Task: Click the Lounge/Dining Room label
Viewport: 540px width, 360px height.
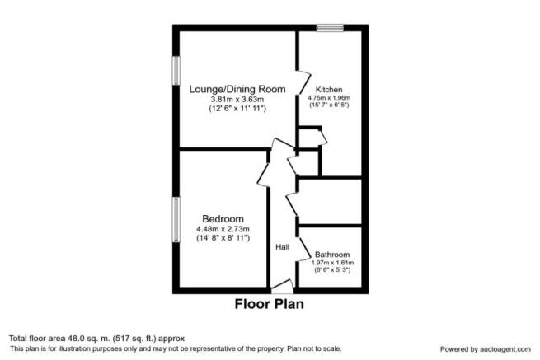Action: (237, 89)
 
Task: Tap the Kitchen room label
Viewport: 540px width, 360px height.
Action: (329, 90)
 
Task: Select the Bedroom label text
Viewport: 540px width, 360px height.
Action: (223, 219)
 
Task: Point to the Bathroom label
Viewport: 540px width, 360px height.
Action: (332, 255)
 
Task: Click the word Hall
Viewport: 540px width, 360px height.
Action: (283, 247)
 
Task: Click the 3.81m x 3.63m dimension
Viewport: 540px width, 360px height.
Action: (237, 100)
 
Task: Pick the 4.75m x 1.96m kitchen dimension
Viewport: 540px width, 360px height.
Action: (329, 98)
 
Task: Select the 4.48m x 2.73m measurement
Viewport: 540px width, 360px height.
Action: (223, 229)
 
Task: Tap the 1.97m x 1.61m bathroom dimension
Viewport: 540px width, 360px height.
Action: (332, 263)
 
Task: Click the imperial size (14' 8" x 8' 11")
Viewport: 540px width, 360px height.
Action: (223, 238)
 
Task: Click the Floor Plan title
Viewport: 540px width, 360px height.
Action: (270, 304)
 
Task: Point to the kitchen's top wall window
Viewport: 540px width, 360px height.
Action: (330, 28)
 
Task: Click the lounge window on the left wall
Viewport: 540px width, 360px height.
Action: (176, 71)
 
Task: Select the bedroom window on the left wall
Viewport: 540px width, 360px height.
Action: (176, 220)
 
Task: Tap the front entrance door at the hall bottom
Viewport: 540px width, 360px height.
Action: (283, 287)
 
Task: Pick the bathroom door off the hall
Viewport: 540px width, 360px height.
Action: (304, 250)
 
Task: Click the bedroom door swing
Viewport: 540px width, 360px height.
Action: (264, 175)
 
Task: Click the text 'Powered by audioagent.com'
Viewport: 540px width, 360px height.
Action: (486, 349)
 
